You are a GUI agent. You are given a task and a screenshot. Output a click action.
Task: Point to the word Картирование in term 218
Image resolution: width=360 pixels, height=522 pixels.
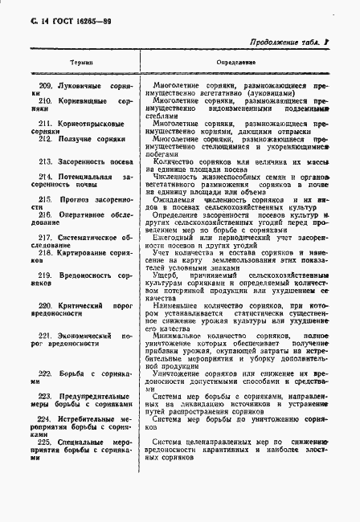[80, 252]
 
